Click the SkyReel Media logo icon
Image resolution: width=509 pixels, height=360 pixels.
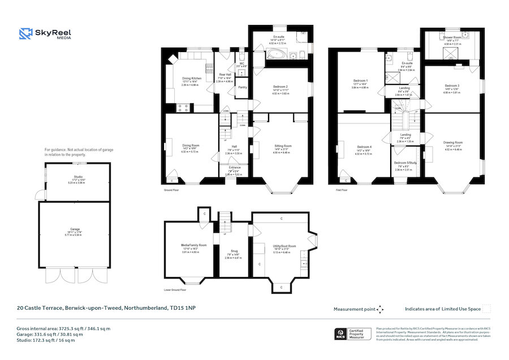pyautogui.click(x=25, y=35)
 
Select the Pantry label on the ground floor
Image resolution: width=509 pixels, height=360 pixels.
pyautogui.click(x=242, y=87)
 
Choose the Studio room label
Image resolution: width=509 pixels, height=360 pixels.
pyautogui.click(x=77, y=177)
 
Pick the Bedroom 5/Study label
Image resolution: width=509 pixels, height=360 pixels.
pyautogui.click(x=405, y=162)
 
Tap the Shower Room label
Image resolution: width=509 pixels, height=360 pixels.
pyautogui.click(x=452, y=37)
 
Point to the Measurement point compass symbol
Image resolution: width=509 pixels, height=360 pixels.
pyautogui.click(x=380, y=309)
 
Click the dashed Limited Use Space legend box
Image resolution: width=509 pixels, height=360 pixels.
pyautogui.click(x=486, y=308)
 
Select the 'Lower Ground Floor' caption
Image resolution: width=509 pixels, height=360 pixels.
pyautogui.click(x=175, y=289)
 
